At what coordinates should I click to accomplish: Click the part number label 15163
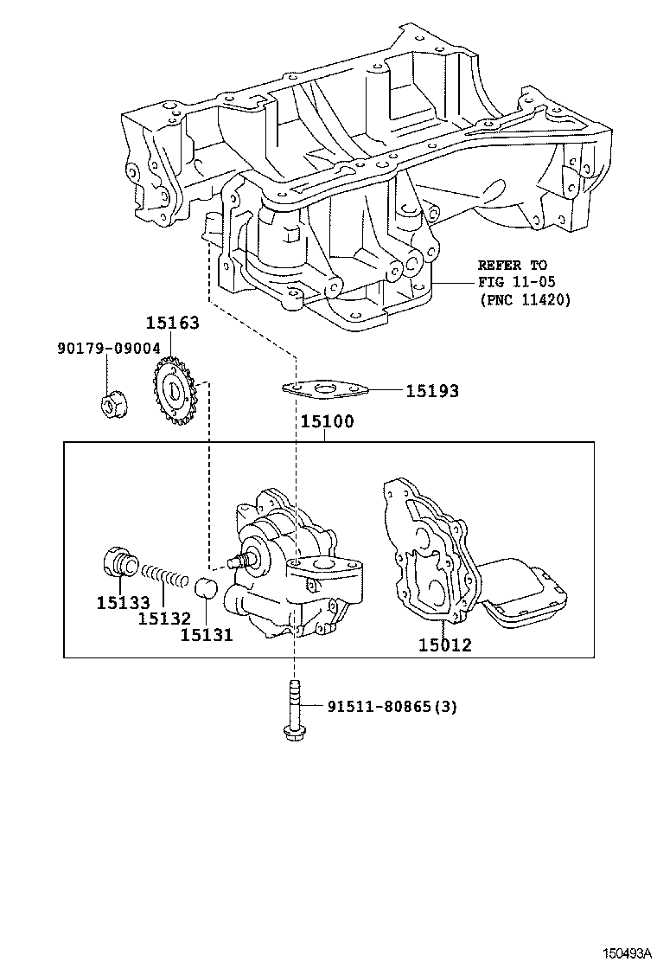pos(172,324)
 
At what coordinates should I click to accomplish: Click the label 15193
pos(432,392)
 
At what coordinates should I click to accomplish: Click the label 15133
pos(124,602)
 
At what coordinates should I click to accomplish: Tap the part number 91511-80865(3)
pos(392,707)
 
